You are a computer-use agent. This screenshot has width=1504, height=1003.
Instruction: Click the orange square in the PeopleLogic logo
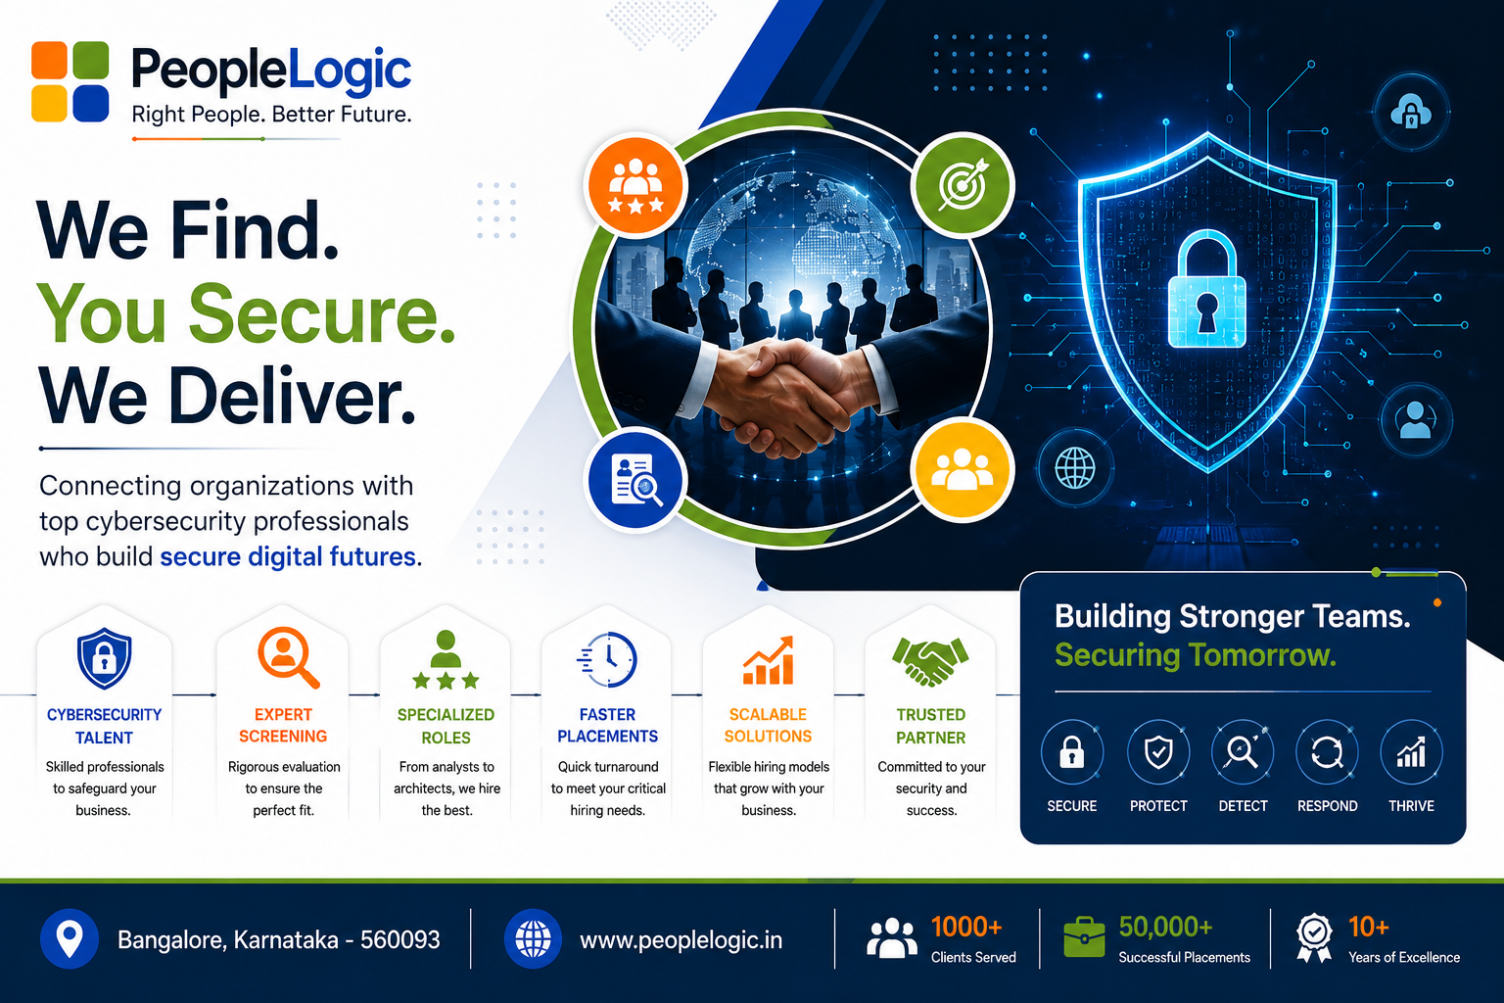[x=50, y=61]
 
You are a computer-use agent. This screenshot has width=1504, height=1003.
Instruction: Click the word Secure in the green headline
[x=321, y=313]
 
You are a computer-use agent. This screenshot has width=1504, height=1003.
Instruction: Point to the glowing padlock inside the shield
[x=1206, y=290]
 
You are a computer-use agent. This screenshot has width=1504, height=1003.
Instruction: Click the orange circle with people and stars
[x=635, y=185]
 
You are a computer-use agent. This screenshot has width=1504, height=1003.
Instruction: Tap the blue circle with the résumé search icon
[x=635, y=480]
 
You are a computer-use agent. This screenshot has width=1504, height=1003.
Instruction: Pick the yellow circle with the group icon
[x=963, y=469]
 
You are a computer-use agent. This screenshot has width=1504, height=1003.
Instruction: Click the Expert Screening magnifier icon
[x=289, y=657]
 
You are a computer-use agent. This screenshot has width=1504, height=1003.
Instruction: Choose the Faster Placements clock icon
[x=607, y=659]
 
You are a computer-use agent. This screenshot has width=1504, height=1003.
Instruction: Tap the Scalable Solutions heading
[x=768, y=726]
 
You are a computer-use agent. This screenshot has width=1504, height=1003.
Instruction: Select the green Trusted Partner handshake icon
[x=930, y=661]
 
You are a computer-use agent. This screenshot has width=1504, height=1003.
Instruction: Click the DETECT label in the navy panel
[x=1243, y=806]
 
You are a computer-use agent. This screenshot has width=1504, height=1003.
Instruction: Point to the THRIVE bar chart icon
[x=1411, y=752]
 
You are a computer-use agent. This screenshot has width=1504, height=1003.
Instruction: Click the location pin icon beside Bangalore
[x=70, y=938]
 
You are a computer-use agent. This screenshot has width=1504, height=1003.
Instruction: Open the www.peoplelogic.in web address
[x=681, y=940]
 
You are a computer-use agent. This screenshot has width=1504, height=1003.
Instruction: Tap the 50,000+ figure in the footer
[x=1165, y=927]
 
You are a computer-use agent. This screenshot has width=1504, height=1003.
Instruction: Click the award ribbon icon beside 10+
[x=1314, y=938]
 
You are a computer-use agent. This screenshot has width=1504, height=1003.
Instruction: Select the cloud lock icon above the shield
[x=1411, y=113]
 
